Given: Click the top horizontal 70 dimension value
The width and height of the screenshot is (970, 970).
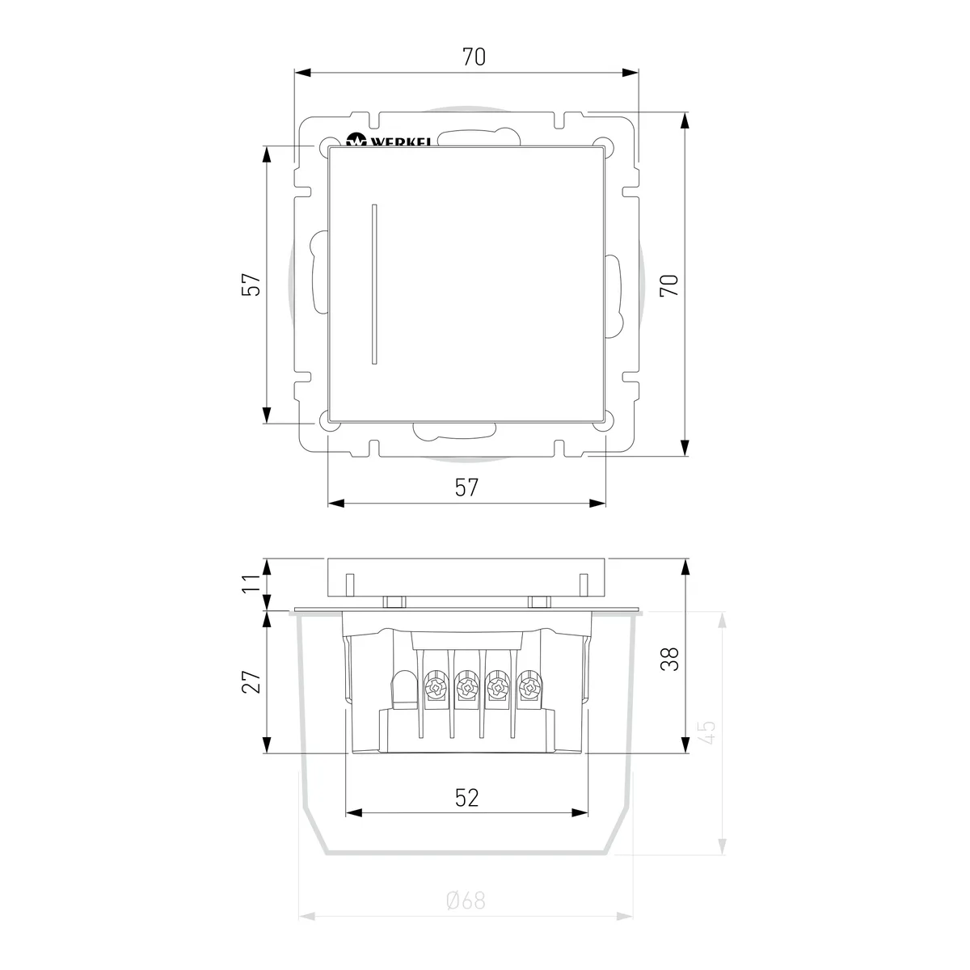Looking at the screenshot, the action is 474,57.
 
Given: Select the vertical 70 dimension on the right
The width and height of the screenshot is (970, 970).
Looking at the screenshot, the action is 669,285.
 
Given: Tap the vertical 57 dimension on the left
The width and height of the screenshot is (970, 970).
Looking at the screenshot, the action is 251,285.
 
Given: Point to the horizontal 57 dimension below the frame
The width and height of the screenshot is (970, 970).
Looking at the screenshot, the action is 466,487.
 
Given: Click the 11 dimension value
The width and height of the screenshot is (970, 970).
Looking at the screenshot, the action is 251,583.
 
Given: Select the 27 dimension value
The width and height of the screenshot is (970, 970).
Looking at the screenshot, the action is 251,682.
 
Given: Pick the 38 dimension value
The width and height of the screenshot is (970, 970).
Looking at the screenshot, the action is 669,659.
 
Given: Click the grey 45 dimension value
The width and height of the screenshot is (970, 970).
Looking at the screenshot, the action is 707,732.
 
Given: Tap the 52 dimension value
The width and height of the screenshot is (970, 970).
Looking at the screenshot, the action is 466,798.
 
